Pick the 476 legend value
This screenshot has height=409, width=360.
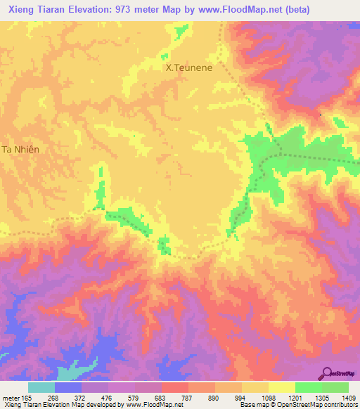(108, 398)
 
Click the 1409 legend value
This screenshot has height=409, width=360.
(349, 398)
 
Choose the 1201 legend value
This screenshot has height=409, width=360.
(295, 398)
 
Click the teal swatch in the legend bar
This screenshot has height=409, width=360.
(41, 387)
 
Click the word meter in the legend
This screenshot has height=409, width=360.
(9, 398)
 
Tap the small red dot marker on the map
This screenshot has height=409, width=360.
(321, 114)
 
